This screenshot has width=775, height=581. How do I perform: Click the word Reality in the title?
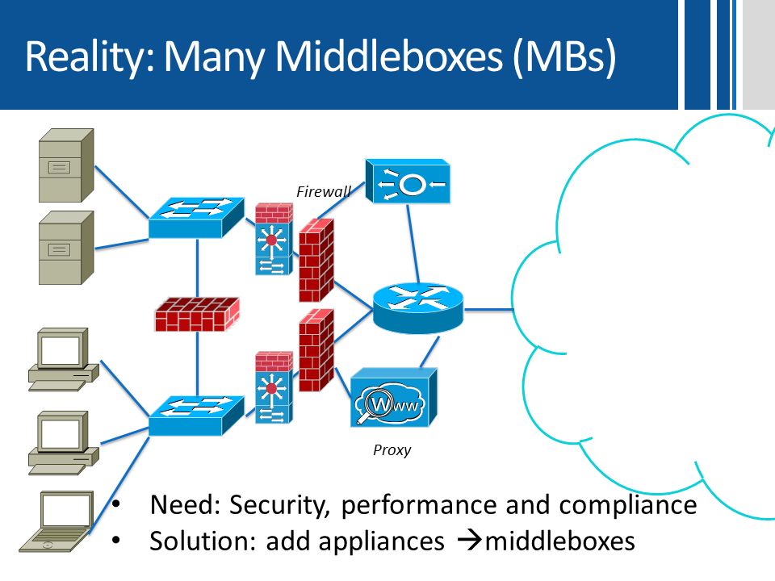click(x=90, y=56)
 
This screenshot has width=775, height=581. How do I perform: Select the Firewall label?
click(x=324, y=191)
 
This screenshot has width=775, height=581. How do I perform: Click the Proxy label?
click(x=392, y=450)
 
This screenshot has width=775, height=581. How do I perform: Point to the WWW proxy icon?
click(x=394, y=397)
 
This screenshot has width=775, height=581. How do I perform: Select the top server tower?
click(x=66, y=165)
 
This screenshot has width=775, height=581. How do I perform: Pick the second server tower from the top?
click(x=66, y=248)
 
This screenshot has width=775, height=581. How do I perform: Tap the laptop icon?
click(x=57, y=521)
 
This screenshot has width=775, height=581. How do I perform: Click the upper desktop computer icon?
click(x=63, y=360)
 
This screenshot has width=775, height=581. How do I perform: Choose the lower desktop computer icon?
click(x=63, y=443)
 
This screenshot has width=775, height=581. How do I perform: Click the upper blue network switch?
click(x=196, y=218)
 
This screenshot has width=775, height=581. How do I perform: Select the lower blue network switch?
click(x=196, y=416)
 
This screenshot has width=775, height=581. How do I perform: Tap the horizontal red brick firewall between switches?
click(x=197, y=314)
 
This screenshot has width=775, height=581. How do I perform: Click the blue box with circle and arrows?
click(x=408, y=182)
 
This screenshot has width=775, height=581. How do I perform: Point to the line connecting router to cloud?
click(x=488, y=310)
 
